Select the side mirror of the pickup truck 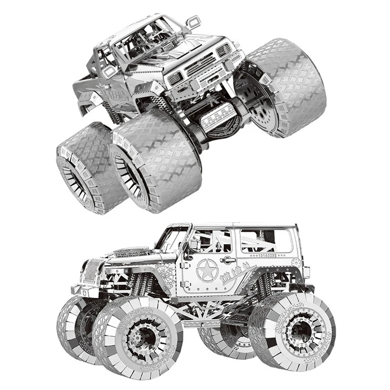click(194, 21)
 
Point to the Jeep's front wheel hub click(142, 337)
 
